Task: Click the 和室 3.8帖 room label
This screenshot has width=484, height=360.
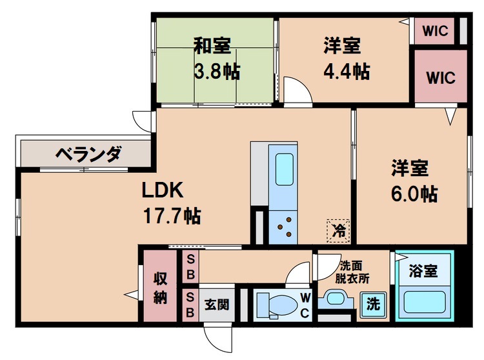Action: pos(216,57)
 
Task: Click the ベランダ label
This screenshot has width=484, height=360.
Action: pos(88,154)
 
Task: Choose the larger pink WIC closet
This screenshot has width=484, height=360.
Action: pos(441,77)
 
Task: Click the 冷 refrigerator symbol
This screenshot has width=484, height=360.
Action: pos(338,228)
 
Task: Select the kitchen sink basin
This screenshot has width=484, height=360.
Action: pos(283,170)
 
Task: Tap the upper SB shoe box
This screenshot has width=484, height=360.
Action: pos(191,265)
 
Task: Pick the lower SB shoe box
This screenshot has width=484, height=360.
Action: pos(191,303)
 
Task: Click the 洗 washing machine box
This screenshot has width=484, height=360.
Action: pos(373,303)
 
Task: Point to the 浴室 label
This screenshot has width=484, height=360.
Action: pos(423,271)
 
